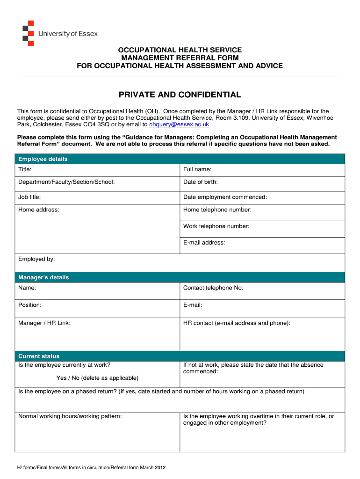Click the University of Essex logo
[60, 33]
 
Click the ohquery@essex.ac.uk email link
[179, 125]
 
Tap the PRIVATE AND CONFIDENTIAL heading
[180, 95]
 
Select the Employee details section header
[43, 159]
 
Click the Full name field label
[197, 169]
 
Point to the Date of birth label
[201, 182]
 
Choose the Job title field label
[29, 197]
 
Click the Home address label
[39, 210]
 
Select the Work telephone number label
[216, 226]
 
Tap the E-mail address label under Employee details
[204, 243]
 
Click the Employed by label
[36, 259]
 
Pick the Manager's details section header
[43, 277]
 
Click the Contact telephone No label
[213, 288]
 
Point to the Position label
[30, 305]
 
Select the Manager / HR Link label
[44, 323]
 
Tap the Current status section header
[39, 356]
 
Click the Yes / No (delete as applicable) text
[97, 378]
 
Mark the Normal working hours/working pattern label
[70, 416]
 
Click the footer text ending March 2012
[92, 467]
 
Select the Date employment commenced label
[225, 197]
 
